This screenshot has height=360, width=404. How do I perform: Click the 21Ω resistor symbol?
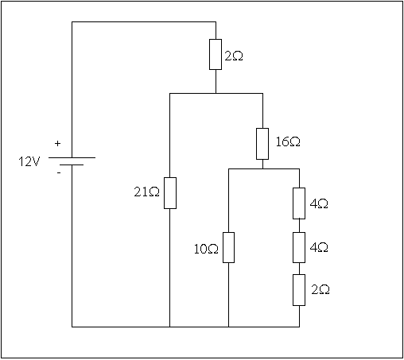point(170,193)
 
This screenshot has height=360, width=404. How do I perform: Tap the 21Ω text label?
point(146,192)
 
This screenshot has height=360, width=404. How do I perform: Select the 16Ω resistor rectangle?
point(262,144)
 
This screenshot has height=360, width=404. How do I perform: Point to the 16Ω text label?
point(288,141)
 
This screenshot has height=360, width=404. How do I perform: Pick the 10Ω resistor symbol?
point(228,247)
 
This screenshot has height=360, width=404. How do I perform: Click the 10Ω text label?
point(206,249)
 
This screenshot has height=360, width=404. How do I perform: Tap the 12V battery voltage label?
point(29,161)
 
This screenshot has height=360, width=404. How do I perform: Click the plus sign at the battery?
point(57,144)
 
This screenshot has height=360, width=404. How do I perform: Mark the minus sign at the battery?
point(59,173)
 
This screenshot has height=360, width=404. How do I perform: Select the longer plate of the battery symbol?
point(72,157)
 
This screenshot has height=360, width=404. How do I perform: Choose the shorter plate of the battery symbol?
point(72,165)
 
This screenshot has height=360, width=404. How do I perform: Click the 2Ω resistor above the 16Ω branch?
point(216,55)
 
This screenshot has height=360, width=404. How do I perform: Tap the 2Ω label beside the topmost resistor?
point(234,56)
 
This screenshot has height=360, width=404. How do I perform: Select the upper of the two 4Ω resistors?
point(299,203)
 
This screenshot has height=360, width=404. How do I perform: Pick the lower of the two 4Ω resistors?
point(299,247)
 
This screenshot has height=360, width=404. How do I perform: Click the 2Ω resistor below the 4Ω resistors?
point(299,290)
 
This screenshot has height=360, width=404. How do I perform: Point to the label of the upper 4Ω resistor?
point(319,203)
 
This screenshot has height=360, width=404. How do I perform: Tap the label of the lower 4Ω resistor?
point(319,247)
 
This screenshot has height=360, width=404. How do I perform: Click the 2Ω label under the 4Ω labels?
point(320,290)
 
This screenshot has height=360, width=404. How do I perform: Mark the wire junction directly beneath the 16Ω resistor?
point(262,168)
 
